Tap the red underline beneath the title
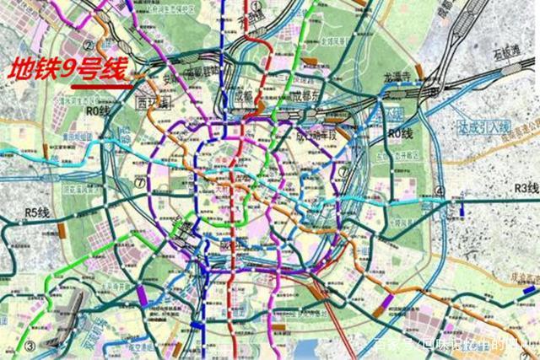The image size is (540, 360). point(100,85)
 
